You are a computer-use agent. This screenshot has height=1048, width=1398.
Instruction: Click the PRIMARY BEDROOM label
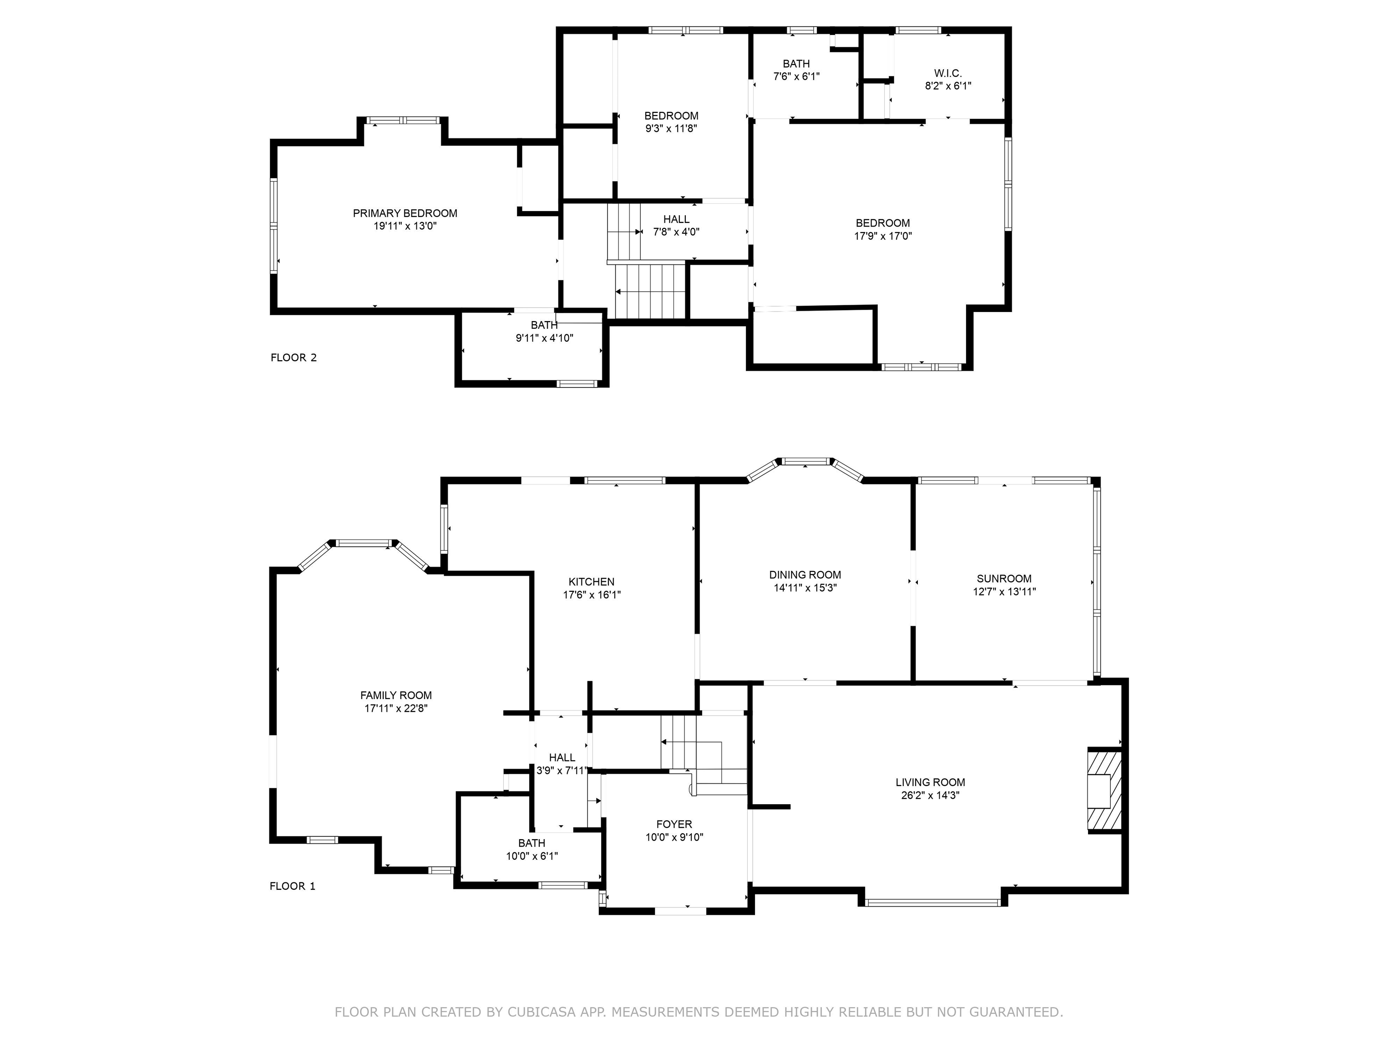click(x=405, y=213)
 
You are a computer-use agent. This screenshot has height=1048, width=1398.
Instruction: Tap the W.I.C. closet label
click(x=947, y=73)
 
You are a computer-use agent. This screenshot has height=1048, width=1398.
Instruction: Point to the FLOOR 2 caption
click(x=293, y=358)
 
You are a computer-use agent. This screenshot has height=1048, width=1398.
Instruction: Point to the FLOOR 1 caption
click(x=292, y=886)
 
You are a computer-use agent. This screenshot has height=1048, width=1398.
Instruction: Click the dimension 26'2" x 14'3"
click(x=930, y=795)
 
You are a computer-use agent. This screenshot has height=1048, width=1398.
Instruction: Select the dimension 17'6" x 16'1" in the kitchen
click(x=592, y=595)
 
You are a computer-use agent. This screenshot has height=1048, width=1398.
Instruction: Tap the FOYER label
click(x=674, y=824)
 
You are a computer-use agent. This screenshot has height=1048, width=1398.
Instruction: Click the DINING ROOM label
click(x=805, y=575)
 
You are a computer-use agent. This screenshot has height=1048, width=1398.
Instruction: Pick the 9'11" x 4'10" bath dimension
click(x=544, y=338)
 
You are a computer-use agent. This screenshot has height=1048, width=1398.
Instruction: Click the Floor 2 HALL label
click(x=676, y=219)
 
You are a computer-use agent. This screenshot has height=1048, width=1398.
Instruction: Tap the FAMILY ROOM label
click(x=395, y=695)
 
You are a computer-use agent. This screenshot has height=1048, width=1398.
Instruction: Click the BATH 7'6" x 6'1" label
click(x=795, y=64)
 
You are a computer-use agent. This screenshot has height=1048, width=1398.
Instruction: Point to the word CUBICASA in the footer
click(x=541, y=1012)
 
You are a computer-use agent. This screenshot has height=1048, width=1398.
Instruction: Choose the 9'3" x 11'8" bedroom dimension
click(x=671, y=128)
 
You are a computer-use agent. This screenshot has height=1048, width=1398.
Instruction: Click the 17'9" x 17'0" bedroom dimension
click(x=882, y=236)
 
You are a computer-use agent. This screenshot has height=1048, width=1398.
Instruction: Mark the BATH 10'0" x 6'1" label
click(x=532, y=843)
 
